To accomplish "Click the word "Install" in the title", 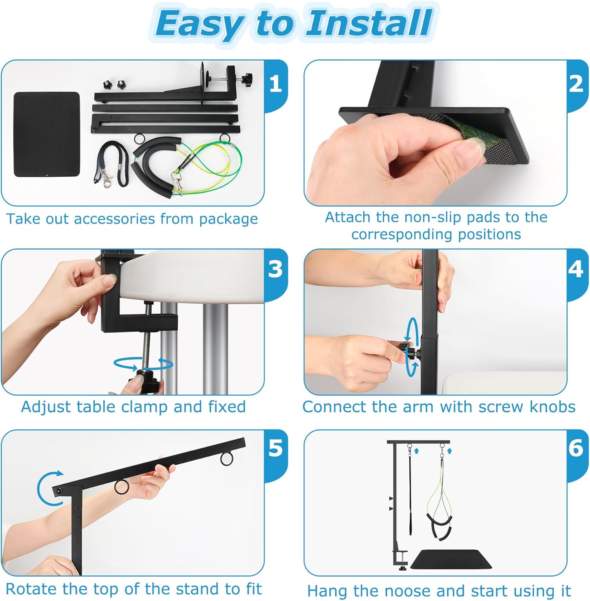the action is coord(368,23).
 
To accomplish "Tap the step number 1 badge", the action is coord(276,84).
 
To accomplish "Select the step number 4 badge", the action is coord(576,269).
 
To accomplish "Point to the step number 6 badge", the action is coord(576,448).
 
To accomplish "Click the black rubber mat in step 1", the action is coord(47,134).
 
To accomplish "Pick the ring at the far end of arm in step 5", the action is coord(227,458).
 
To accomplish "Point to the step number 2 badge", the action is coord(576,84).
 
